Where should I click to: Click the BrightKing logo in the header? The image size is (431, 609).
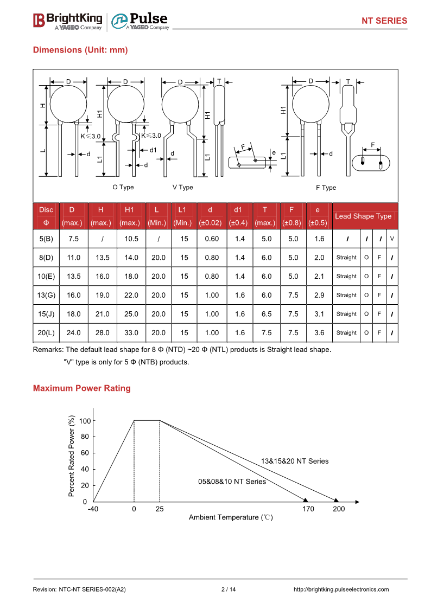(x=68, y=21)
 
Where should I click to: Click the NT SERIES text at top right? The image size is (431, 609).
(x=384, y=21)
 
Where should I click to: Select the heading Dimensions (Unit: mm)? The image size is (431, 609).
(x=80, y=50)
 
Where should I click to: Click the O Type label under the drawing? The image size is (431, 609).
(x=123, y=187)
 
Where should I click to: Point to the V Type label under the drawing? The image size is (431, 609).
(x=183, y=187)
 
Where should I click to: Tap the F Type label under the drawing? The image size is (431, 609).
(x=326, y=188)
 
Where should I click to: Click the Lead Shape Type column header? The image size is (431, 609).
(x=363, y=216)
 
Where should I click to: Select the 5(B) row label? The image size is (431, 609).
(x=46, y=239)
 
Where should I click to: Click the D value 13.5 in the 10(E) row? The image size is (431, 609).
(x=73, y=276)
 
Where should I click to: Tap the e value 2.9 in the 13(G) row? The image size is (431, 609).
(x=319, y=295)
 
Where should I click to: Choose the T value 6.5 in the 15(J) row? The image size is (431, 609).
(x=266, y=314)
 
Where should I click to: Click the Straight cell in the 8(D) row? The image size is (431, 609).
(x=346, y=258)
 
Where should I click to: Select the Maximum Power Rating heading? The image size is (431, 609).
(x=82, y=388)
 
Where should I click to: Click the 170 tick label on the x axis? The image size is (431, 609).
(x=308, y=509)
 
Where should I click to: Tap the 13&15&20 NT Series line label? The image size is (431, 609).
(x=295, y=461)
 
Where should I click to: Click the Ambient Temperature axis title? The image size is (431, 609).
(x=231, y=517)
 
